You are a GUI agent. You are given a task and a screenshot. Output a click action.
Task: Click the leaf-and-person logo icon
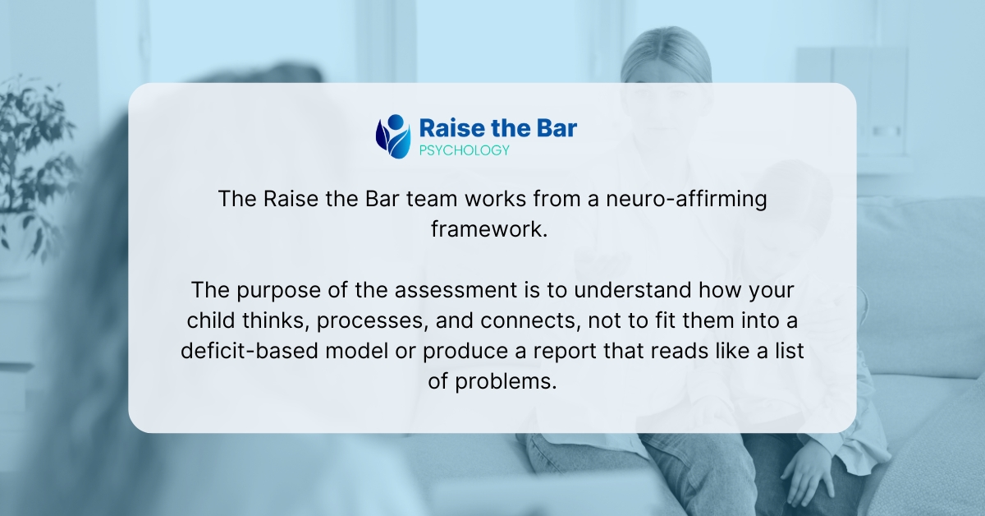393,136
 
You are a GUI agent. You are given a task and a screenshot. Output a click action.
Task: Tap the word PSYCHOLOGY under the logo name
464,150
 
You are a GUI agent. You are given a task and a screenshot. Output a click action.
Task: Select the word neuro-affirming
686,199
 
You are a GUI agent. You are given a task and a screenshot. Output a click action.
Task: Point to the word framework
489,229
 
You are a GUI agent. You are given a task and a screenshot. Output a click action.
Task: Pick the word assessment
456,290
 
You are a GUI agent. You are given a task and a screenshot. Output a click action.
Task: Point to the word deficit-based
250,351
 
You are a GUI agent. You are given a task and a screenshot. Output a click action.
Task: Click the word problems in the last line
506,382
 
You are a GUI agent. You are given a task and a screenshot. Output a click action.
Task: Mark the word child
211,320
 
